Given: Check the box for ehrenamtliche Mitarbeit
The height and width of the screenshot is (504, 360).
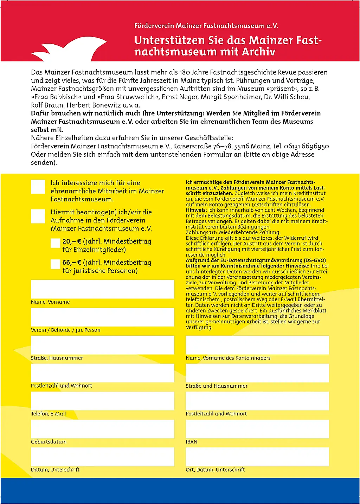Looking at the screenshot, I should click(x=38, y=187).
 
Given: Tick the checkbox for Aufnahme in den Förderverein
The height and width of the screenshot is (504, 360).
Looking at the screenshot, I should click(x=38, y=216).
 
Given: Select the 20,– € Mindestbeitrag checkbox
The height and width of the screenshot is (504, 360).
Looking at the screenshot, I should click(x=55, y=243).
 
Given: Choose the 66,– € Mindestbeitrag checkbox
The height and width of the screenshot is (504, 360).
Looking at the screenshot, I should click(x=55, y=264).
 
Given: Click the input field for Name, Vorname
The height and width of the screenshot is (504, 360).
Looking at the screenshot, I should click(x=102, y=289).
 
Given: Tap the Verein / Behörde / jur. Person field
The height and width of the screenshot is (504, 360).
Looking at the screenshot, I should click(x=102, y=317).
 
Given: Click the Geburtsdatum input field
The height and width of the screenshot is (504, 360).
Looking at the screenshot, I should click(x=102, y=429).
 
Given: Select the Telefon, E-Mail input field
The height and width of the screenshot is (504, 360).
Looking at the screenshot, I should click(x=102, y=401).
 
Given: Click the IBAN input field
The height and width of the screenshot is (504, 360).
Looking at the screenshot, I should click(x=257, y=429).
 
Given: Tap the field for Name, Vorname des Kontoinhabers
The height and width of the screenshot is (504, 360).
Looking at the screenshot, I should click(x=257, y=345).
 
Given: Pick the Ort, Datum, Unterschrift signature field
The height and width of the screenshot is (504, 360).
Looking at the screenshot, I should click(x=257, y=457).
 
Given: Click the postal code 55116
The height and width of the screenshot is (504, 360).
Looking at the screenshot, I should click(x=242, y=146).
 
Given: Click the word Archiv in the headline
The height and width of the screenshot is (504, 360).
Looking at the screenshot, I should click(x=258, y=52).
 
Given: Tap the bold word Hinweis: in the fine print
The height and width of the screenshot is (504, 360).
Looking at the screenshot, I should click(x=197, y=210).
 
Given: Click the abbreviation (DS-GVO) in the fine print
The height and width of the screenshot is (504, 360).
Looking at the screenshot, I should click(x=315, y=260).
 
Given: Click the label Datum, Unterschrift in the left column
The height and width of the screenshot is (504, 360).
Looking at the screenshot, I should click(x=55, y=470).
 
